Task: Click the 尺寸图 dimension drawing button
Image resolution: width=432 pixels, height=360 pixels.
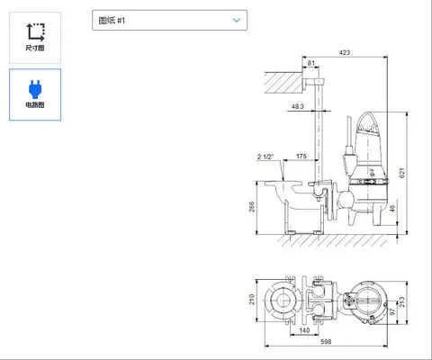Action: click(35, 36)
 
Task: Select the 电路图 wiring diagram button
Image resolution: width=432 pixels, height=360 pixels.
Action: click(35, 94)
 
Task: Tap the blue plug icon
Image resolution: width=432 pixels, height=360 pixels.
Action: click(35, 87)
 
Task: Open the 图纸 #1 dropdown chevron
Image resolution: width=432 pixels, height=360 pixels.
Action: click(237, 19)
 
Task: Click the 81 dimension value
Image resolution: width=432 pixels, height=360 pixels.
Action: click(311, 64)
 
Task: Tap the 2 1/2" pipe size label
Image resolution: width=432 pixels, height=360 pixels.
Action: click(266, 157)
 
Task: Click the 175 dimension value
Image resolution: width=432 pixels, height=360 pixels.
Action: click(301, 157)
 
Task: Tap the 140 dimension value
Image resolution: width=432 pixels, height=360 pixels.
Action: click(307, 330)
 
